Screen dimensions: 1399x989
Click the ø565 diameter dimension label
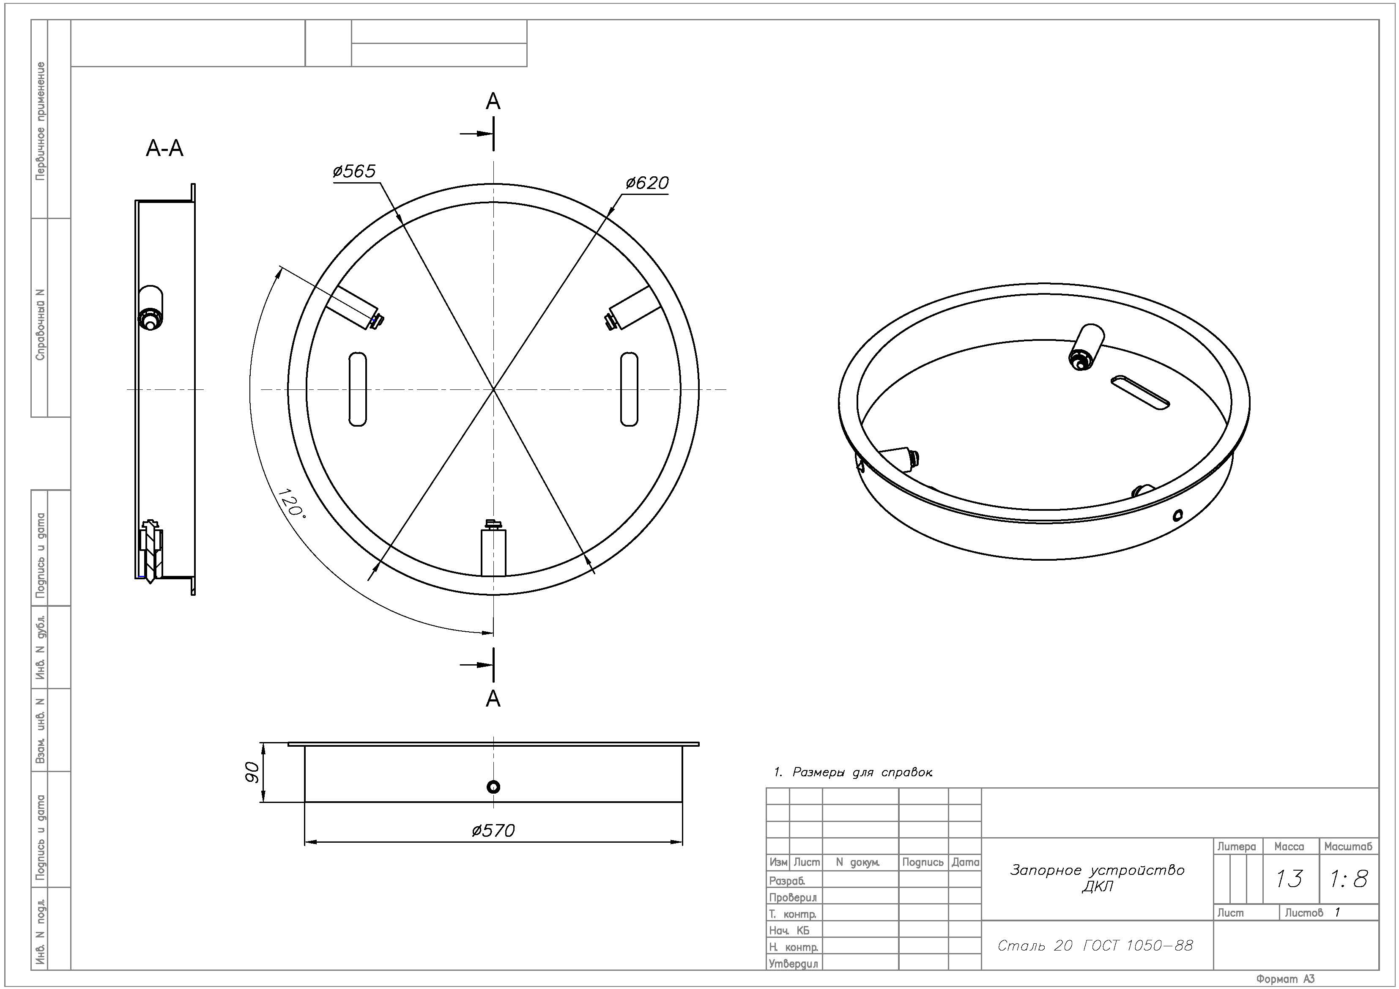click(x=354, y=171)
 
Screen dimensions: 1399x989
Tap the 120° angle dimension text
click(x=291, y=503)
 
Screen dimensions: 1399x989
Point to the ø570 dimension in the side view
click(x=493, y=830)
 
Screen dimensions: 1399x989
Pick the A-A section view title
click(x=164, y=148)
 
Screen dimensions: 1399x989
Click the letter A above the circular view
click(x=493, y=101)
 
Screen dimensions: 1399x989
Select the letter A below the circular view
click(x=493, y=699)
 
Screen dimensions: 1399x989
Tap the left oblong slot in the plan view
click(x=358, y=389)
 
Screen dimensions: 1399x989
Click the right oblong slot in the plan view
click(x=629, y=389)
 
